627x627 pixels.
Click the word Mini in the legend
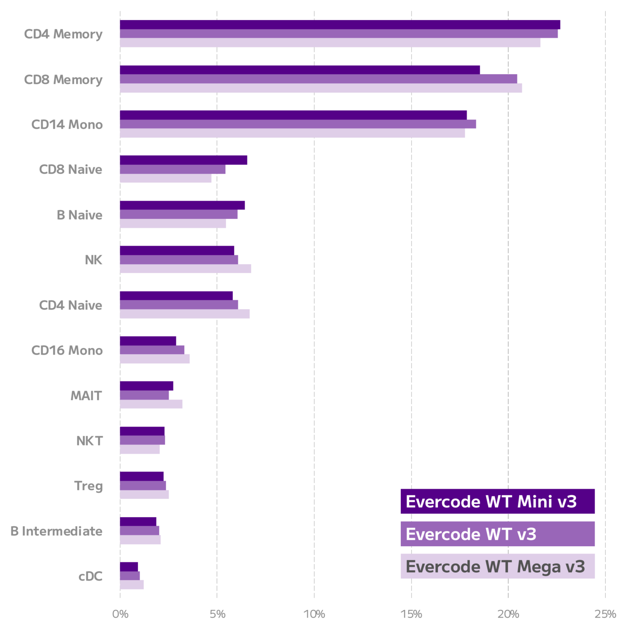point(535,502)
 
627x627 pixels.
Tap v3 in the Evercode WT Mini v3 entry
point(567,502)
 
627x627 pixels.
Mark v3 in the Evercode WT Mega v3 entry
point(575,567)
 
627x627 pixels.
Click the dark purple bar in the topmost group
point(362,24)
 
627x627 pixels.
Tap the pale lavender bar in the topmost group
point(362,43)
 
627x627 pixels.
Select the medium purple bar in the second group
point(362,79)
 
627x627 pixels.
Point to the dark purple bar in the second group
point(313,69)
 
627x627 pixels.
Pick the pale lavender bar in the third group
point(292,133)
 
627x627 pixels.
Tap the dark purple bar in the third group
point(313,115)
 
